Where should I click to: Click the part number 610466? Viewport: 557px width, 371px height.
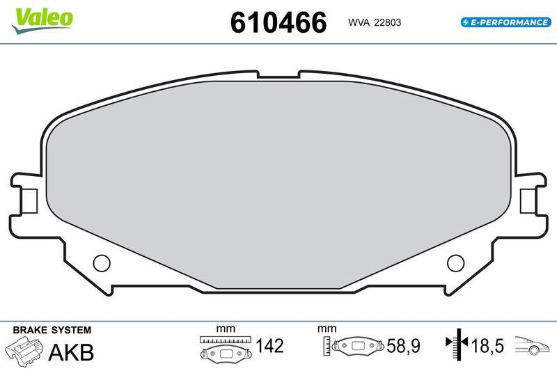(x=278, y=22)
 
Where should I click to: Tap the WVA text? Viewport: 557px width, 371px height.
(x=359, y=23)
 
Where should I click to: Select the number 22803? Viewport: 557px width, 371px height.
(x=387, y=23)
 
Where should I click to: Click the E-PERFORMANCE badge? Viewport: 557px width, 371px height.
(x=506, y=22)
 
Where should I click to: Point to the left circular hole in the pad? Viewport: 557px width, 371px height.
(x=102, y=262)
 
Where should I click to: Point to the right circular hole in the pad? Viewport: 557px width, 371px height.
(x=455, y=262)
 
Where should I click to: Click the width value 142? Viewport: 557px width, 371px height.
(x=269, y=345)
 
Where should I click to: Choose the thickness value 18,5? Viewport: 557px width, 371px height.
(x=490, y=345)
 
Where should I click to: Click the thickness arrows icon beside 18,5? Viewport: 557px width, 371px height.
(x=457, y=343)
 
